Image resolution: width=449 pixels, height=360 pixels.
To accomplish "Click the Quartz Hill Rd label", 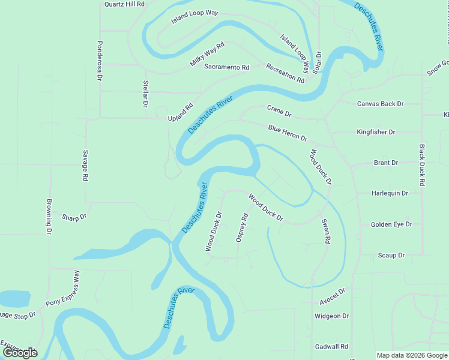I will pyautogui.click(x=124, y=4).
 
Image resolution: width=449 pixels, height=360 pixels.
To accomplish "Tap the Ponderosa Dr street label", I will pyautogui.click(x=100, y=61).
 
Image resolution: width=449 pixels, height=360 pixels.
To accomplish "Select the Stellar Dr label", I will pyautogui.click(x=145, y=94).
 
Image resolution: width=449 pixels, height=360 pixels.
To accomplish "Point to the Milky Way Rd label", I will pyautogui.click(x=207, y=54).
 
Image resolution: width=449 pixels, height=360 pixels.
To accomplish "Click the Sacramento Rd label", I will pyautogui.click(x=226, y=67).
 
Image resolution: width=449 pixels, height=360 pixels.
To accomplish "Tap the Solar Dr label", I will pyautogui.click(x=318, y=62).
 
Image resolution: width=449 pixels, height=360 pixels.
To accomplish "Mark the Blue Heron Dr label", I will pyautogui.click(x=288, y=133).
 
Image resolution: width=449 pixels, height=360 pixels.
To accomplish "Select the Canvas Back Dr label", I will pyautogui.click(x=381, y=104).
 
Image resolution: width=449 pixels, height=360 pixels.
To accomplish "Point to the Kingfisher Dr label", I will pyautogui.click(x=376, y=132).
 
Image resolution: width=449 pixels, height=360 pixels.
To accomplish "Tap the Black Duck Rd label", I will pyautogui.click(x=422, y=165).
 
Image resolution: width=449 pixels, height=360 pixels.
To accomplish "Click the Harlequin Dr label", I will pyautogui.click(x=390, y=193).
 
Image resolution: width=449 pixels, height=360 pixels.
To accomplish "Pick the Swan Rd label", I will pyautogui.click(x=326, y=231).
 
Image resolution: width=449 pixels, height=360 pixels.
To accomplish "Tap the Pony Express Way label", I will pyautogui.click(x=62, y=289).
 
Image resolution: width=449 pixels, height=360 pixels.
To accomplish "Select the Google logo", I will pyautogui.click(x=20, y=353).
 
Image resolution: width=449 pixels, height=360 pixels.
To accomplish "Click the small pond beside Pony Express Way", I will pyautogui.click(x=14, y=299).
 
